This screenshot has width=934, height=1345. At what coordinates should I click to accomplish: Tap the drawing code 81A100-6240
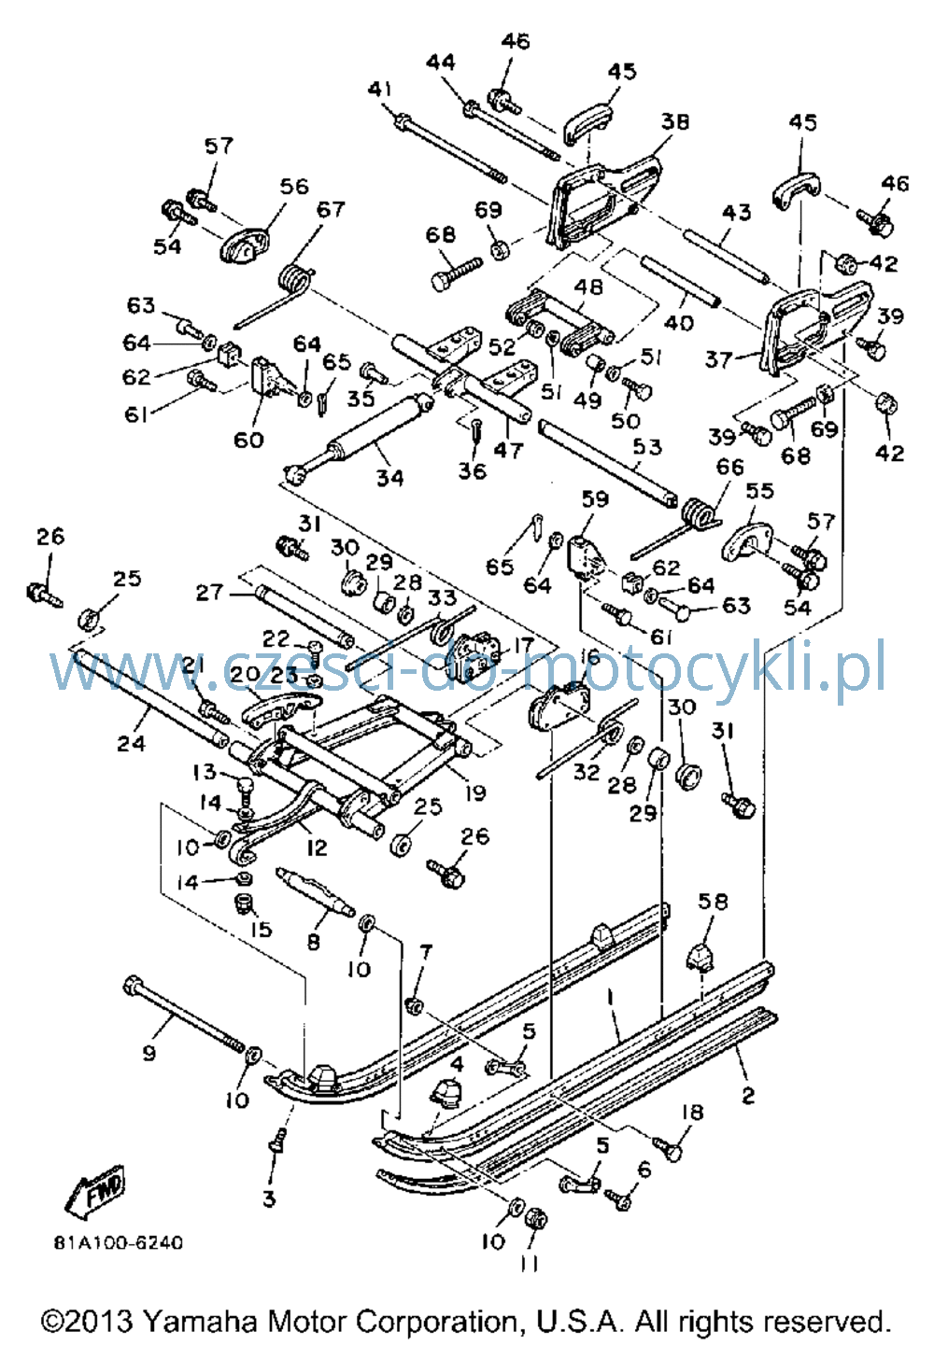tap(118, 1241)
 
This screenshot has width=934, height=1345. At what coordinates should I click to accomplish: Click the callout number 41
tap(380, 90)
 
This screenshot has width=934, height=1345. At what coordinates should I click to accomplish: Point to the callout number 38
tap(675, 122)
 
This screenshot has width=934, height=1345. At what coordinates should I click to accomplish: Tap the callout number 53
tap(646, 447)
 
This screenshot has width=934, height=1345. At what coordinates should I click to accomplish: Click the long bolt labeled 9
tap(184, 1015)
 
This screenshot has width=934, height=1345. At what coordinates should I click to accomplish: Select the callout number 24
tap(132, 744)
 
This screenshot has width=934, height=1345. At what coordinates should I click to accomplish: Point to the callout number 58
tap(713, 902)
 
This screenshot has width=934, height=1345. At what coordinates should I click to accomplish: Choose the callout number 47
tap(508, 450)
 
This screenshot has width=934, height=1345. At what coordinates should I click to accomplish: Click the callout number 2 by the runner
tap(747, 1095)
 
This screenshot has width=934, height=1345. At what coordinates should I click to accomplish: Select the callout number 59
tap(594, 499)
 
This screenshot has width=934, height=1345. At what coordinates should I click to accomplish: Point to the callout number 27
tap(209, 593)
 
